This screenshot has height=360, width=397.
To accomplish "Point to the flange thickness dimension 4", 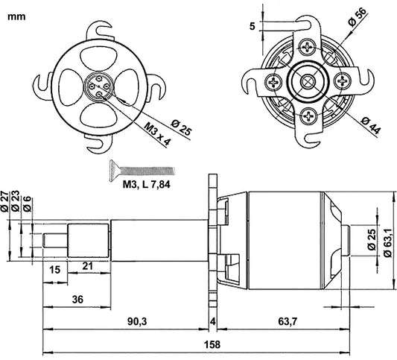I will [x=213, y=321].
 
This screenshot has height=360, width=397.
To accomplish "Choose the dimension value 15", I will [x=55, y=268].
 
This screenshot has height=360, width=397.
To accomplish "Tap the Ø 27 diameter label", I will [x=7, y=202].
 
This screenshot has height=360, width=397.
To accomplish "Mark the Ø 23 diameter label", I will [x=16, y=202].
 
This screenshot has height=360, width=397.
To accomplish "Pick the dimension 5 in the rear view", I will [x=253, y=26].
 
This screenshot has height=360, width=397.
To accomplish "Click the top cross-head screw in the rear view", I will [x=306, y=45].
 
